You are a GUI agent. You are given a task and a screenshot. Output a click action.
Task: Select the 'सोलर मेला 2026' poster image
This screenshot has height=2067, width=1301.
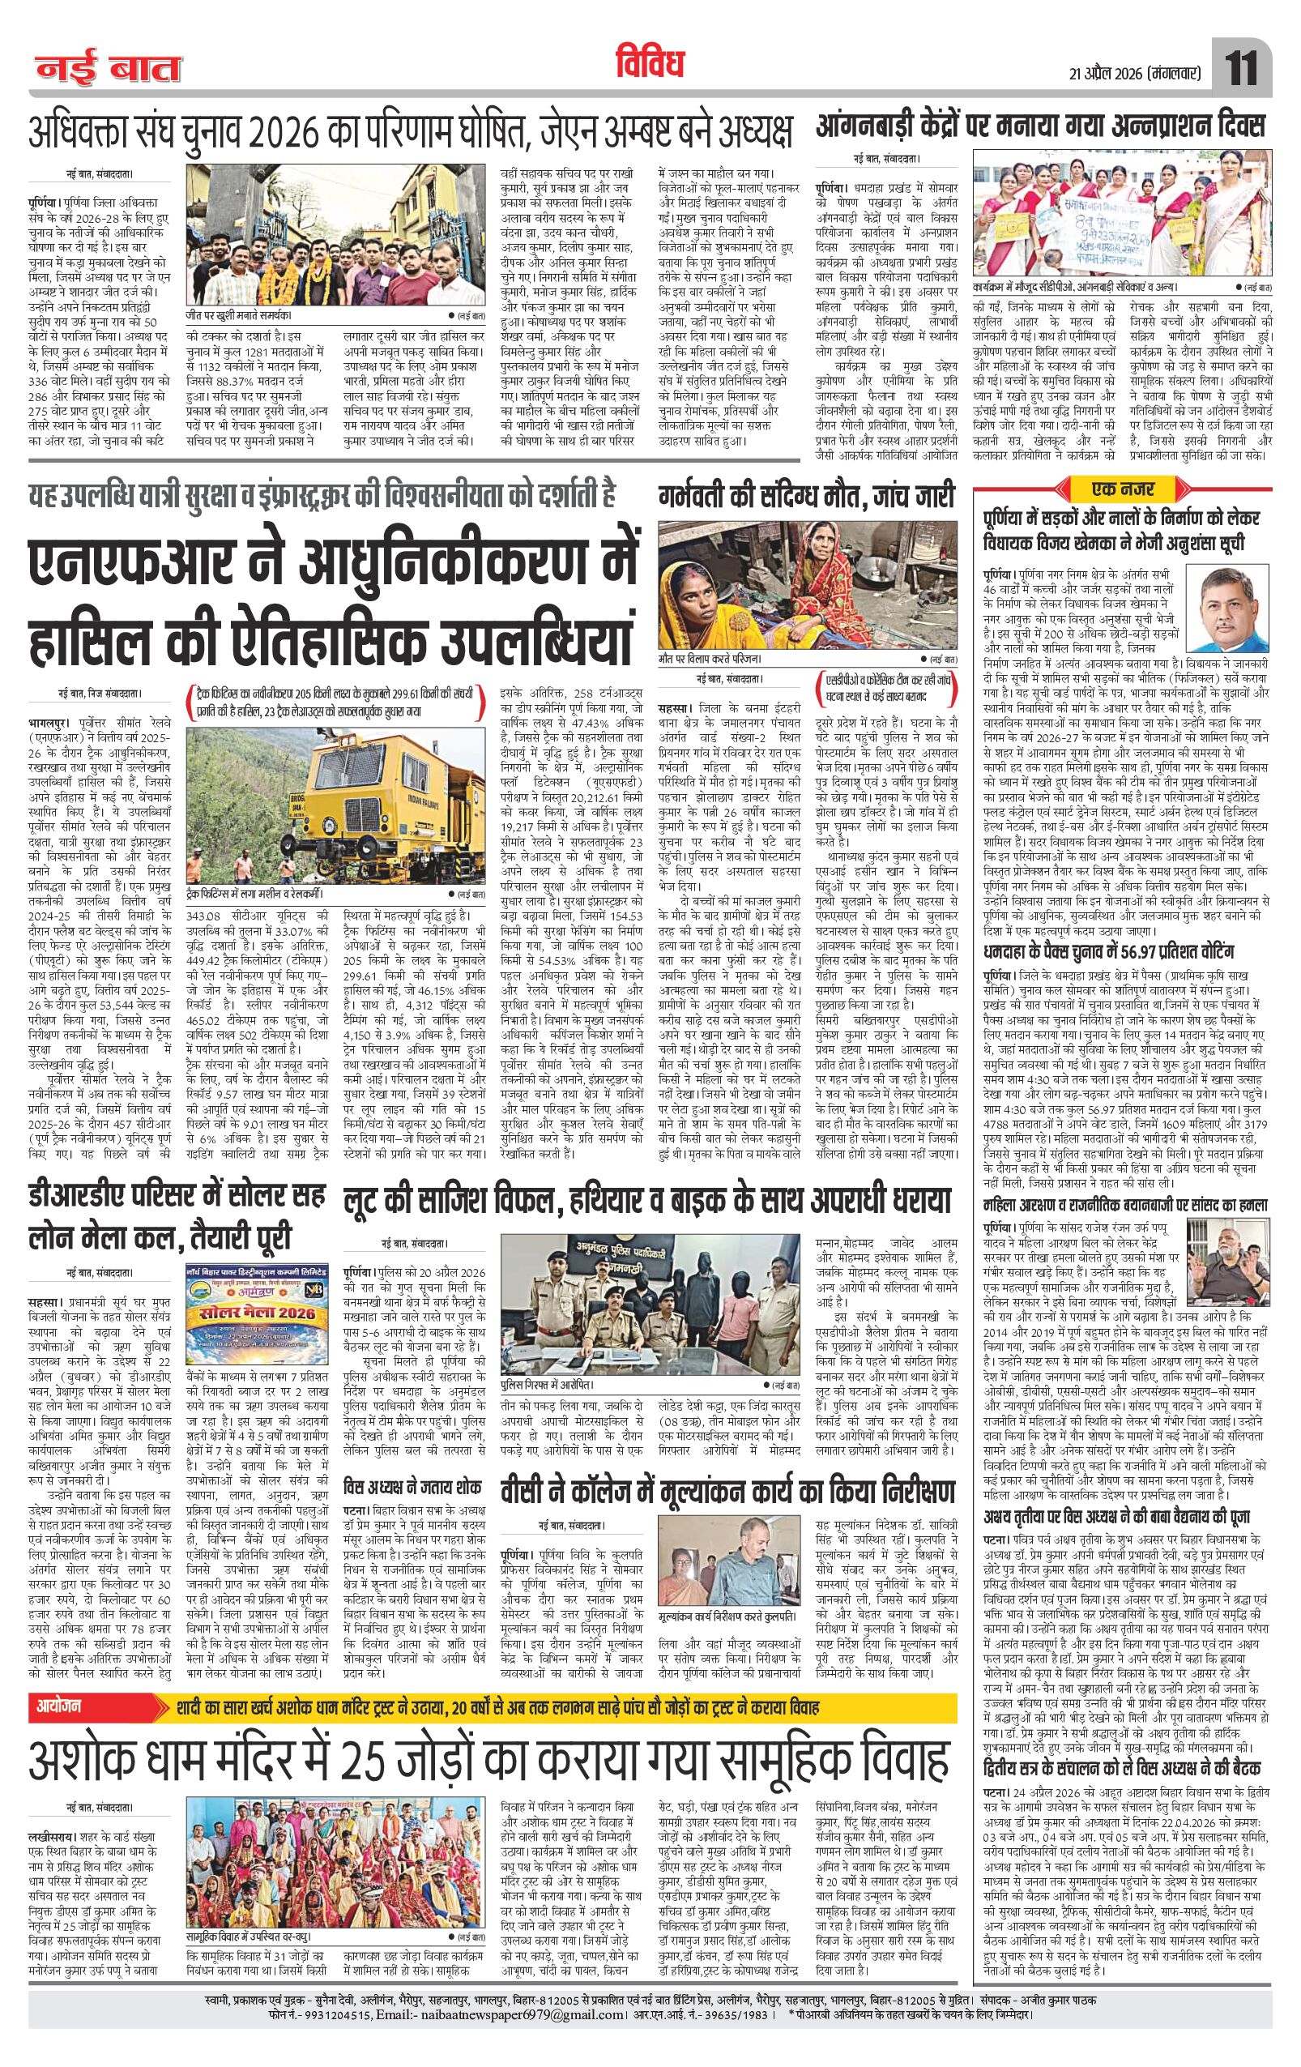[x=259, y=1285]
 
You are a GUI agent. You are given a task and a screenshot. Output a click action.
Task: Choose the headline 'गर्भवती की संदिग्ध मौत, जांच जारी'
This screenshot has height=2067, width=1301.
[x=805, y=495]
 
